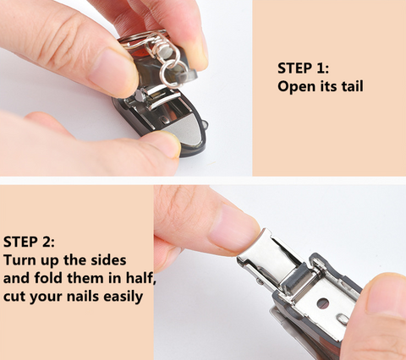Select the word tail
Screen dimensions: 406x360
(x=353, y=86)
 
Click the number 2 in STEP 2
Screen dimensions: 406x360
(x=48, y=242)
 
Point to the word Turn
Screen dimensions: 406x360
(x=19, y=260)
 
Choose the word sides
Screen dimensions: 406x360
(x=108, y=260)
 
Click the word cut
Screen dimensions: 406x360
(x=13, y=297)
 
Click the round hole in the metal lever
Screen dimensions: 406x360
(x=323, y=303)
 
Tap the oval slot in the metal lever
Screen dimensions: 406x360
(x=343, y=319)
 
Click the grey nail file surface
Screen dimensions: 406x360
(x=187, y=130)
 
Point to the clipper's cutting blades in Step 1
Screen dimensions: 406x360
(x=158, y=98)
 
